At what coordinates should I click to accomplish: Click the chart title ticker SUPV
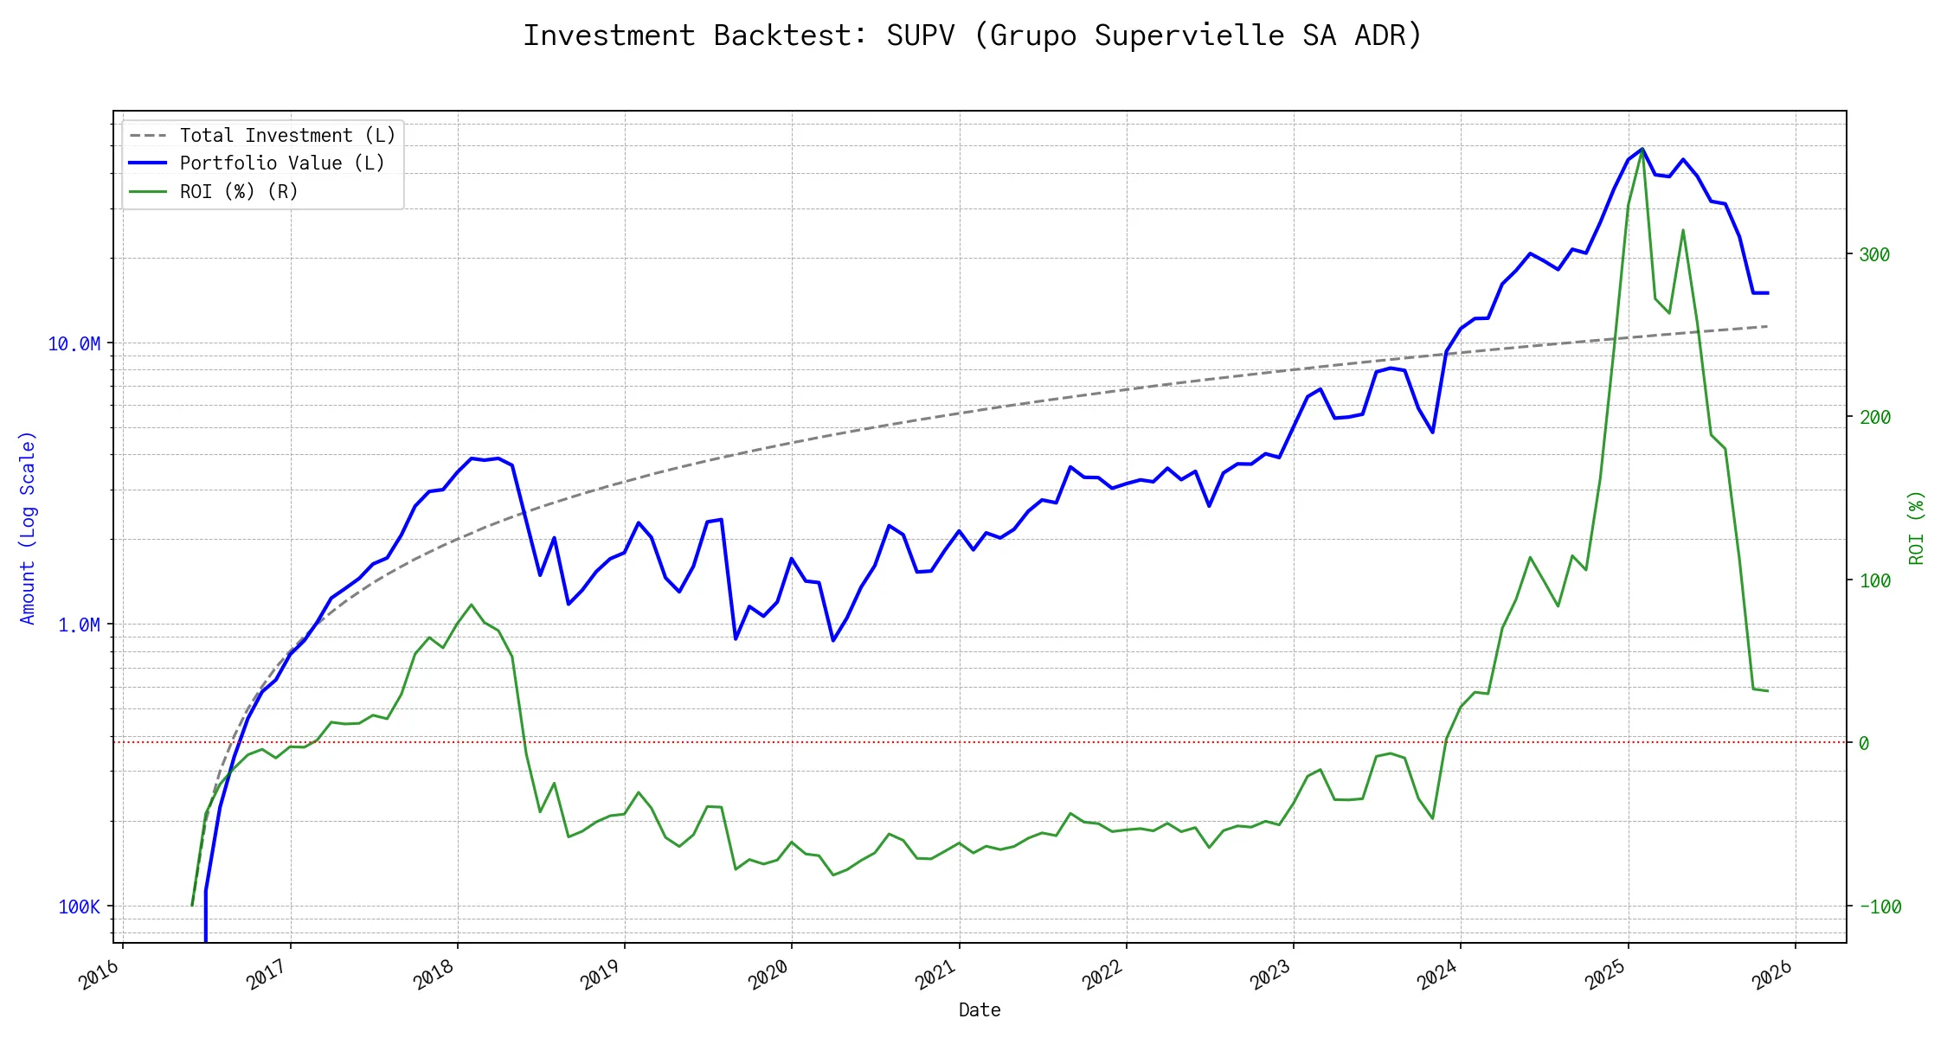(920, 35)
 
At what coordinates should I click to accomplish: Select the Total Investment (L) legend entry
(287, 136)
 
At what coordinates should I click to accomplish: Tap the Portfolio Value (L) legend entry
(282, 163)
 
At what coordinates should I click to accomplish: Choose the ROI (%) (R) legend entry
(239, 192)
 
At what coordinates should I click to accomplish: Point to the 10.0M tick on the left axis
(74, 344)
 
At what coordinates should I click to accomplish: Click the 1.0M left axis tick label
(79, 625)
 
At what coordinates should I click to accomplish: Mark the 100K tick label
(79, 907)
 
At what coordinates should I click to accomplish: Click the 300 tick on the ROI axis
(1874, 255)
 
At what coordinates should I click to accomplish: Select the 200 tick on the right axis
(1874, 418)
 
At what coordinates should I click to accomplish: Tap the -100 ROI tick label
(1880, 907)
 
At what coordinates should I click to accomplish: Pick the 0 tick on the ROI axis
(1864, 744)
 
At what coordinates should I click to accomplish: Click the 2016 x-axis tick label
(100, 976)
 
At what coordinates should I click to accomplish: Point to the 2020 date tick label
(768, 976)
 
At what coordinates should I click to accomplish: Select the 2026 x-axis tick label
(1772, 976)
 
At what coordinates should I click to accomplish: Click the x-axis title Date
(980, 1010)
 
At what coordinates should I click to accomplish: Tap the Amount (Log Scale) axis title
(28, 528)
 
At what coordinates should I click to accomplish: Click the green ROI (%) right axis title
(1916, 528)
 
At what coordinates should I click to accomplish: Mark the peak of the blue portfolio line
(1642, 149)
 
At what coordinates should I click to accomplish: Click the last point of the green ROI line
(1767, 691)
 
